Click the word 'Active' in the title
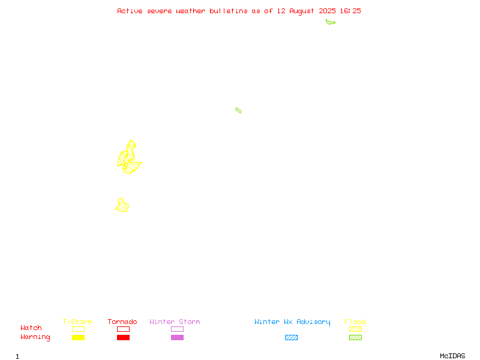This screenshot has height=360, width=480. [130, 11]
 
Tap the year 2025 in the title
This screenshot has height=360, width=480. [327, 11]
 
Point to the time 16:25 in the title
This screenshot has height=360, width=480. [350, 11]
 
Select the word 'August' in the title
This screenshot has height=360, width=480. [302, 11]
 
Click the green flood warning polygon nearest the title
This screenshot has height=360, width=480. [331, 22]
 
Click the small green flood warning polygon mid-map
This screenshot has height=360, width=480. [238, 110]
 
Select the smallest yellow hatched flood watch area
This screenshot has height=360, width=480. [122, 205]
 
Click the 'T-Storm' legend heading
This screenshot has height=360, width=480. [77, 322]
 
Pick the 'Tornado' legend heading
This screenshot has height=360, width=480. [122, 322]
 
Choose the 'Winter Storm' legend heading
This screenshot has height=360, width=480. [175, 322]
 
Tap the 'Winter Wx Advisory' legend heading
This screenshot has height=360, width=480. [292, 322]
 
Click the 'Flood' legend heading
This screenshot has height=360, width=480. [355, 322]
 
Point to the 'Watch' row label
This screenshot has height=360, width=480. [31, 328]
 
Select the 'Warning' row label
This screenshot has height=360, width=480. [35, 337]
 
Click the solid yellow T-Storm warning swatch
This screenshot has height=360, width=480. [79, 337]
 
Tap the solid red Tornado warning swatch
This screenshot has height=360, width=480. [124, 337]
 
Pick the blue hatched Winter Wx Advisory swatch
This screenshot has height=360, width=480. [291, 337]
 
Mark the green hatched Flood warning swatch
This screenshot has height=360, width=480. [355, 337]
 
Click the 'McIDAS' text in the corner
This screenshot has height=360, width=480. [452, 356]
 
